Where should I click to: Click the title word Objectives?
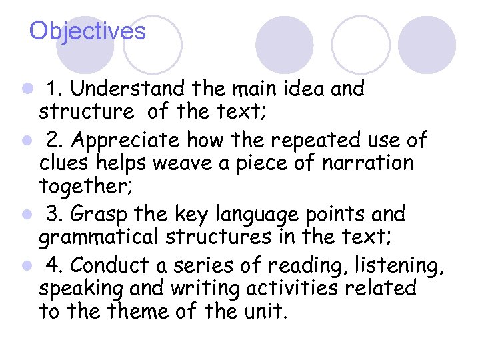[x=87, y=31]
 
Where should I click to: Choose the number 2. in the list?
[x=55, y=141]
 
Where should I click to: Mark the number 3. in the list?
[x=55, y=215]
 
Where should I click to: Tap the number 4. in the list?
[x=55, y=266]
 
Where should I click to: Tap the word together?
[x=81, y=186]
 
